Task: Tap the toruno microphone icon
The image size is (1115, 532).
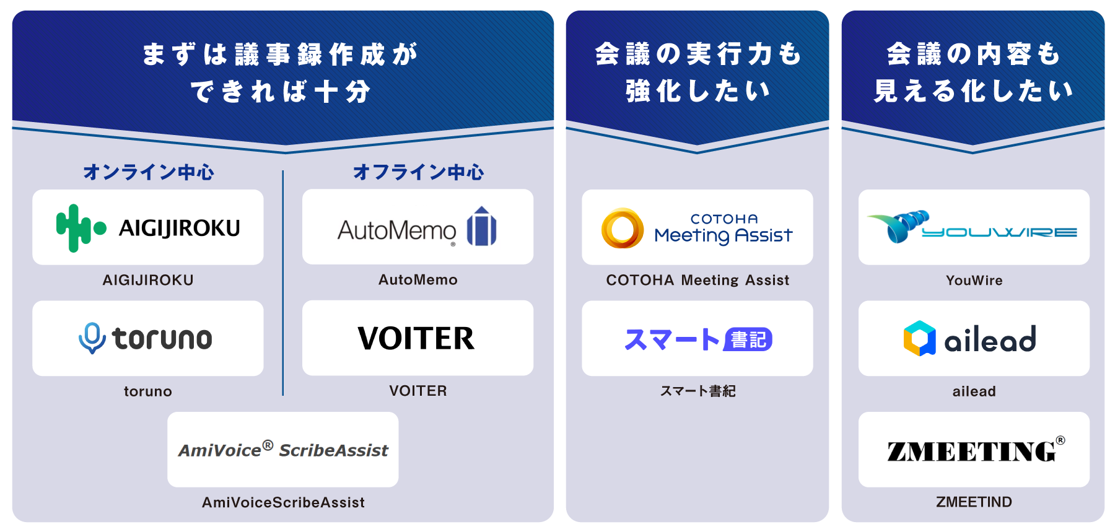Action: click(x=92, y=338)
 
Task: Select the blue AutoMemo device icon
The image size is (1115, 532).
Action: click(x=482, y=227)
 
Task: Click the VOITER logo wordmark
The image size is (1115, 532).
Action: click(x=416, y=338)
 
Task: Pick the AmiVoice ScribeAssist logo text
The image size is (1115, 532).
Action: click(x=283, y=450)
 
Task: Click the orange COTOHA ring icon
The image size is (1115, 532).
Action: click(x=622, y=228)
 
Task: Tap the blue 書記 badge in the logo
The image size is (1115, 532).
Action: click(x=748, y=339)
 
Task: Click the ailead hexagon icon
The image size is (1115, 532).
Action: click(x=919, y=338)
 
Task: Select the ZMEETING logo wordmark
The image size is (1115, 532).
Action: click(x=971, y=451)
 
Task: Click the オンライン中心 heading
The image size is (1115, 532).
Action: click(x=149, y=172)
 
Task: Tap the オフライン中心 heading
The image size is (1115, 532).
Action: click(x=418, y=172)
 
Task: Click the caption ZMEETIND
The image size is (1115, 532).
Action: click(x=974, y=502)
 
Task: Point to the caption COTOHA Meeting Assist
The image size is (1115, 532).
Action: click(x=697, y=280)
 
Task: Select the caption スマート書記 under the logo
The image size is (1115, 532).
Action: click(x=697, y=391)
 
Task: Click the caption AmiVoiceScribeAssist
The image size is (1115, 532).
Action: click(x=283, y=502)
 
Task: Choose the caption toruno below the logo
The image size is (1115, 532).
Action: click(x=147, y=391)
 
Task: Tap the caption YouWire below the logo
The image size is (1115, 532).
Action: click(x=974, y=280)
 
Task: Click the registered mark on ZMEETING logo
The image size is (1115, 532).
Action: click(x=1060, y=440)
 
